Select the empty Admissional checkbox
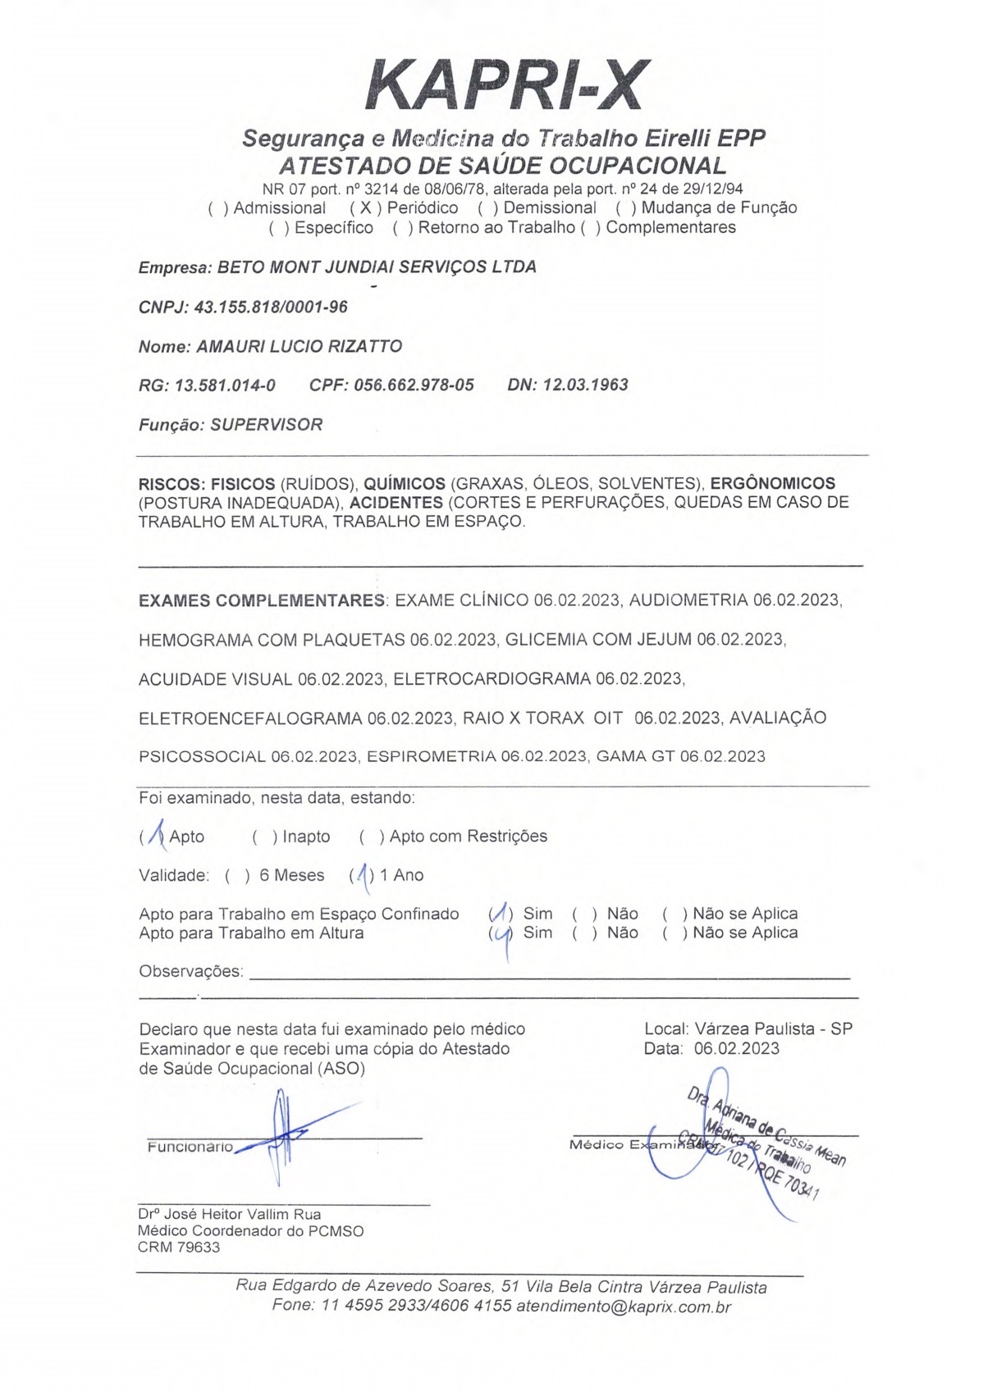click(x=218, y=208)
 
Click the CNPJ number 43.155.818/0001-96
click(x=270, y=308)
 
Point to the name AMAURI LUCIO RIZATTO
click(x=299, y=347)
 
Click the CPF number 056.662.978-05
click(x=414, y=385)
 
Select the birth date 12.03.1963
click(x=585, y=385)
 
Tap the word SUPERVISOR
click(x=267, y=425)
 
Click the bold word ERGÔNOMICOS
click(x=772, y=484)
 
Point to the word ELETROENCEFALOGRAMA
click(x=249, y=719)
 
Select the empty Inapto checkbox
click(x=264, y=837)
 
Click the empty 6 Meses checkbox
click(x=237, y=876)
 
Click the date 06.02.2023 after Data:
click(x=736, y=1048)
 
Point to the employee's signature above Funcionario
click(x=283, y=1136)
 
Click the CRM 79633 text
click(x=179, y=1248)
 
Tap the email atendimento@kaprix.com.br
click(x=623, y=1307)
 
